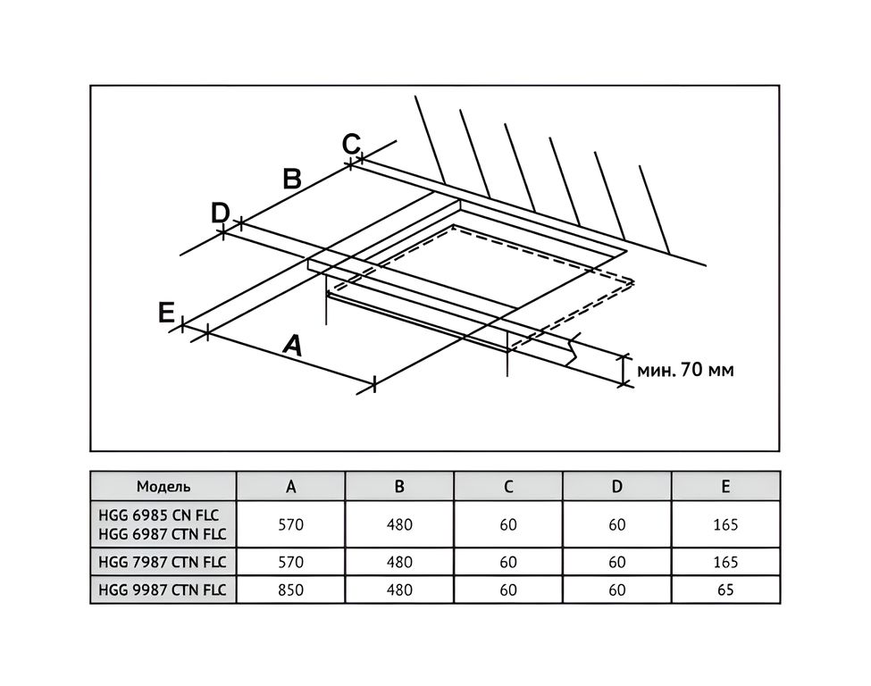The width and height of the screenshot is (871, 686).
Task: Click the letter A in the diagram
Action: coord(293,345)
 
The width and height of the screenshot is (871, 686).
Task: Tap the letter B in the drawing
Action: coord(292,179)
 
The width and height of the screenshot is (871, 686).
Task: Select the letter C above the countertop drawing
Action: coord(351,144)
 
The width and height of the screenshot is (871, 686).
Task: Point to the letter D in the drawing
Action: coord(221,213)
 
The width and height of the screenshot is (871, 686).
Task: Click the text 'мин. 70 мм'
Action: coord(685,370)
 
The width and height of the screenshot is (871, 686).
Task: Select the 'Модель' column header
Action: coord(163,487)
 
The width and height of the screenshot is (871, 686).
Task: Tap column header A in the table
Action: coord(290,487)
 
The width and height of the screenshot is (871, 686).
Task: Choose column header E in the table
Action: coord(725,487)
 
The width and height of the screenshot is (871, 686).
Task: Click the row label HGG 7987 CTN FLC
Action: coord(163,562)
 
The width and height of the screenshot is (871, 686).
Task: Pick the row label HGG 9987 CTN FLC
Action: coord(163,590)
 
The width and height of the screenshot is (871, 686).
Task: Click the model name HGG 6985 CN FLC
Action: coord(159,514)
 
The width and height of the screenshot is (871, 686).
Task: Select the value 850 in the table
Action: coord(290,590)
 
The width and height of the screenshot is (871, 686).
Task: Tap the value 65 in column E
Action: coord(725,590)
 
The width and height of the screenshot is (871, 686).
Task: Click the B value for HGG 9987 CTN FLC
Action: coord(399,590)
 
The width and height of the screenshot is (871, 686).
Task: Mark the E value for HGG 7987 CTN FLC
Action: coord(725,562)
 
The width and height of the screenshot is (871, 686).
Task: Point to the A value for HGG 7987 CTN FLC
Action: coord(290,562)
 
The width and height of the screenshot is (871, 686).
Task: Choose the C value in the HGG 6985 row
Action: coord(508,524)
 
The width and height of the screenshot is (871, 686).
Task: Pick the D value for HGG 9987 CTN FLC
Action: coord(617,590)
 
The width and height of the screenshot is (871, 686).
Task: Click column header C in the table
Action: coord(508,487)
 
